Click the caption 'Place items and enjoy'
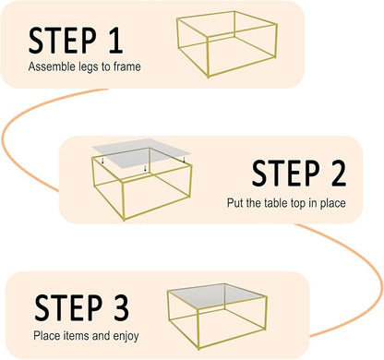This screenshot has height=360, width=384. (x=86, y=335)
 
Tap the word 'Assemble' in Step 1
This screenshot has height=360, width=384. (x=49, y=67)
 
